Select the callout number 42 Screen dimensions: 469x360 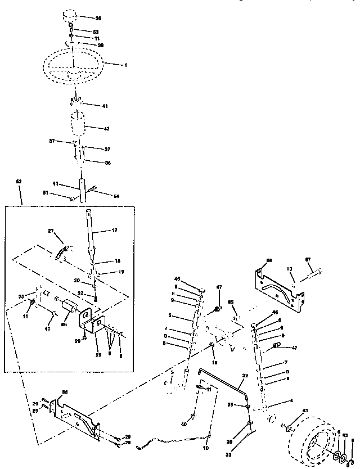click(106, 128)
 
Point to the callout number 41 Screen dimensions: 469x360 click(105, 106)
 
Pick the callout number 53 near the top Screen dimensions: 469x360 click(95, 31)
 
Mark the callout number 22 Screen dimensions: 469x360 click(80, 294)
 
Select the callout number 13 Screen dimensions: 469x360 click(289, 269)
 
